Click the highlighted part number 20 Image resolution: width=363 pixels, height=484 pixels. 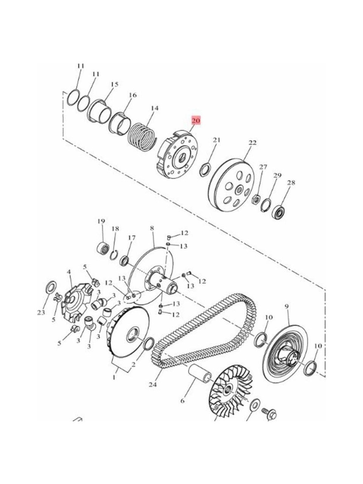[x=196, y=121]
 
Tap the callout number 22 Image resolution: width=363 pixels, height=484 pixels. [x=252, y=143]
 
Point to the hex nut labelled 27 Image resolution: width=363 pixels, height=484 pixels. [x=256, y=199]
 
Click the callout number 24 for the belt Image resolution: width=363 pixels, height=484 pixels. [x=153, y=384]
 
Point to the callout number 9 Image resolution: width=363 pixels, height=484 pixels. [x=286, y=306]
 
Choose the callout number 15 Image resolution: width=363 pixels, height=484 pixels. [x=114, y=84]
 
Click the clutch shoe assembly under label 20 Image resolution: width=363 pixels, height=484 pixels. [x=178, y=155]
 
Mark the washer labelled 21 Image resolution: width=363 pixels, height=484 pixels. [x=204, y=169]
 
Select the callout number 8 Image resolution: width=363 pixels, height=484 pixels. [x=152, y=228]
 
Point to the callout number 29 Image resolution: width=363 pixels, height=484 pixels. [x=277, y=175]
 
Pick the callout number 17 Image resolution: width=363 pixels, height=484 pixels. [x=132, y=238]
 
